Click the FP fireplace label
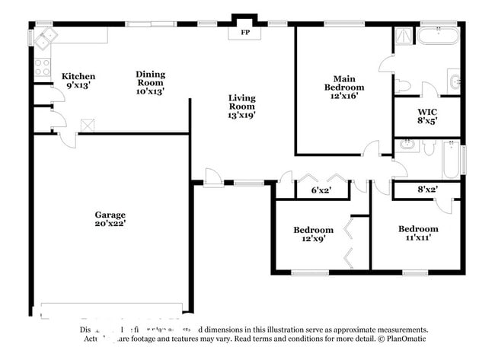coord(245,33)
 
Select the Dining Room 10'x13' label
coord(150,82)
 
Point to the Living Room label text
coord(241,107)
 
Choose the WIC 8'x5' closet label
coord(426,116)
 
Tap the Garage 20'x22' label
coord(110,219)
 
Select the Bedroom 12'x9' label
coord(313,234)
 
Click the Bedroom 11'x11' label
coord(418,233)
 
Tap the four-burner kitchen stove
coord(42,67)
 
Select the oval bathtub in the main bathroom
coord(437,35)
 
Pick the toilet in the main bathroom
coord(402,85)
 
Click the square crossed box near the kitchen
coord(87,124)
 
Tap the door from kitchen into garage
coord(67,140)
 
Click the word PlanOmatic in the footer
coord(403,338)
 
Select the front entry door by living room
coord(213,177)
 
